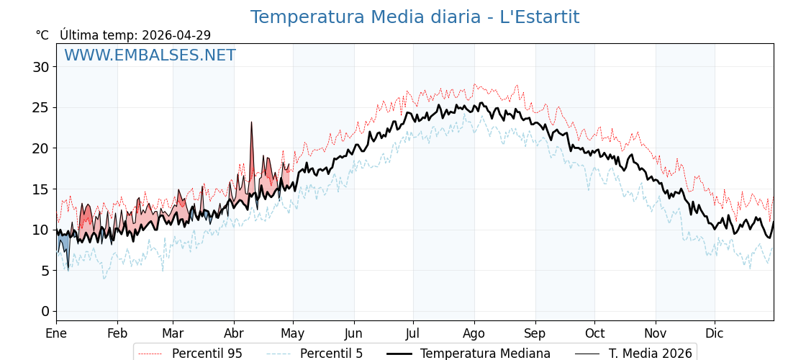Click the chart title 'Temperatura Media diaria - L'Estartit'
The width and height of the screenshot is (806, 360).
click(415, 17)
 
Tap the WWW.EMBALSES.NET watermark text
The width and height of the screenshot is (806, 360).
click(150, 55)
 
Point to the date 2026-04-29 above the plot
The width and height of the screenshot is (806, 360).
click(176, 35)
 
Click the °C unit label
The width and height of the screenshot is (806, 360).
click(42, 35)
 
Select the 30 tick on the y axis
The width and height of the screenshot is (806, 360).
click(45, 67)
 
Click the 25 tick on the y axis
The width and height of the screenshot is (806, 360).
click(45, 108)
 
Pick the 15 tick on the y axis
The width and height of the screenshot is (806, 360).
click(45, 189)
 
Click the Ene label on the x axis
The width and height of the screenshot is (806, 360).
click(56, 333)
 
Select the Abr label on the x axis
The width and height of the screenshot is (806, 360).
click(234, 333)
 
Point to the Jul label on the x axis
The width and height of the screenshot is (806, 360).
click(413, 333)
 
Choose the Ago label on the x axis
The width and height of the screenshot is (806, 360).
click(474, 333)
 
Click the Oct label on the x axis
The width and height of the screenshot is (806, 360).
click(594, 333)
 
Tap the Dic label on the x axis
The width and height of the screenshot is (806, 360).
click(715, 333)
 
